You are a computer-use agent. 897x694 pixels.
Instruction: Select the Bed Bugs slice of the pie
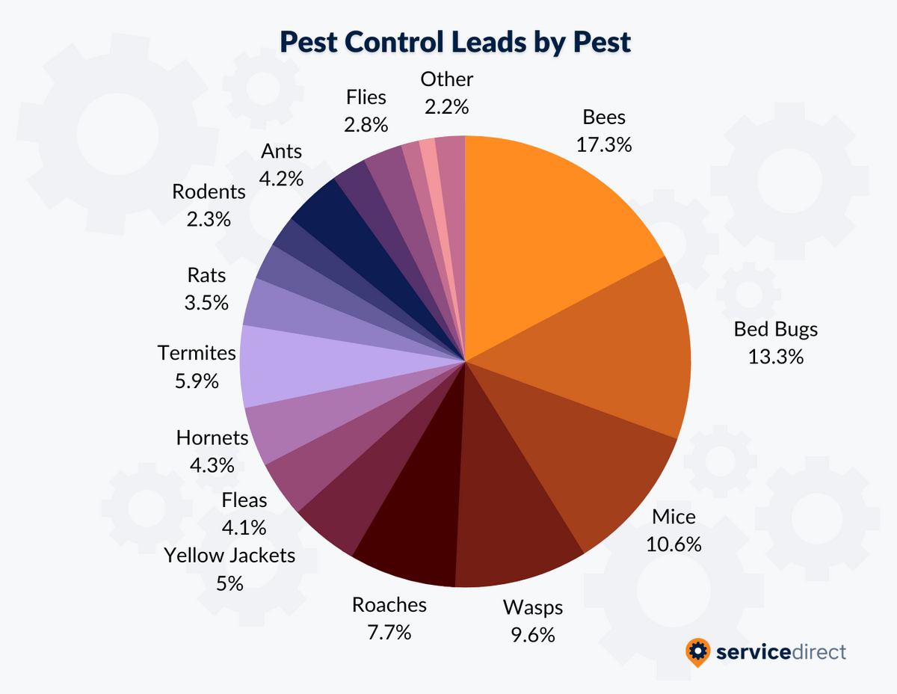pos(605,351)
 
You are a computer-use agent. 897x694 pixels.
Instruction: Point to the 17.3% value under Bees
pos(604,144)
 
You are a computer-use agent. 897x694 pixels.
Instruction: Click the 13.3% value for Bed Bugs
pos(776,357)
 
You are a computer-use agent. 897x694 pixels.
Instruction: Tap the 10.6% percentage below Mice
pos(673,544)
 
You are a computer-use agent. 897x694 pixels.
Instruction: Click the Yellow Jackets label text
pos(229,556)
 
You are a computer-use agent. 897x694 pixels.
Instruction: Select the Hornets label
pos(212,437)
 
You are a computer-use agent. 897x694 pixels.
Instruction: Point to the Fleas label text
pos(244,500)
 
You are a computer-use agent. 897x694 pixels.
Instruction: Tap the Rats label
pos(206,275)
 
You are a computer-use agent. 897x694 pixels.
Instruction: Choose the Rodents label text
pos(209,192)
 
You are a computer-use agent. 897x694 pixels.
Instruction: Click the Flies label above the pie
pos(366,97)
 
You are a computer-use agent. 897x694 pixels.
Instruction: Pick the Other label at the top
pos(447,79)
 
